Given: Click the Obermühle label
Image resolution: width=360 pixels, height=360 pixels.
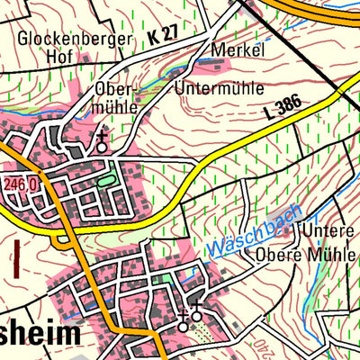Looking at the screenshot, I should pos(115,98).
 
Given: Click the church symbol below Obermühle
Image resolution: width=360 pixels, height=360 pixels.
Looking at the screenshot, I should pos(103,141).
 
